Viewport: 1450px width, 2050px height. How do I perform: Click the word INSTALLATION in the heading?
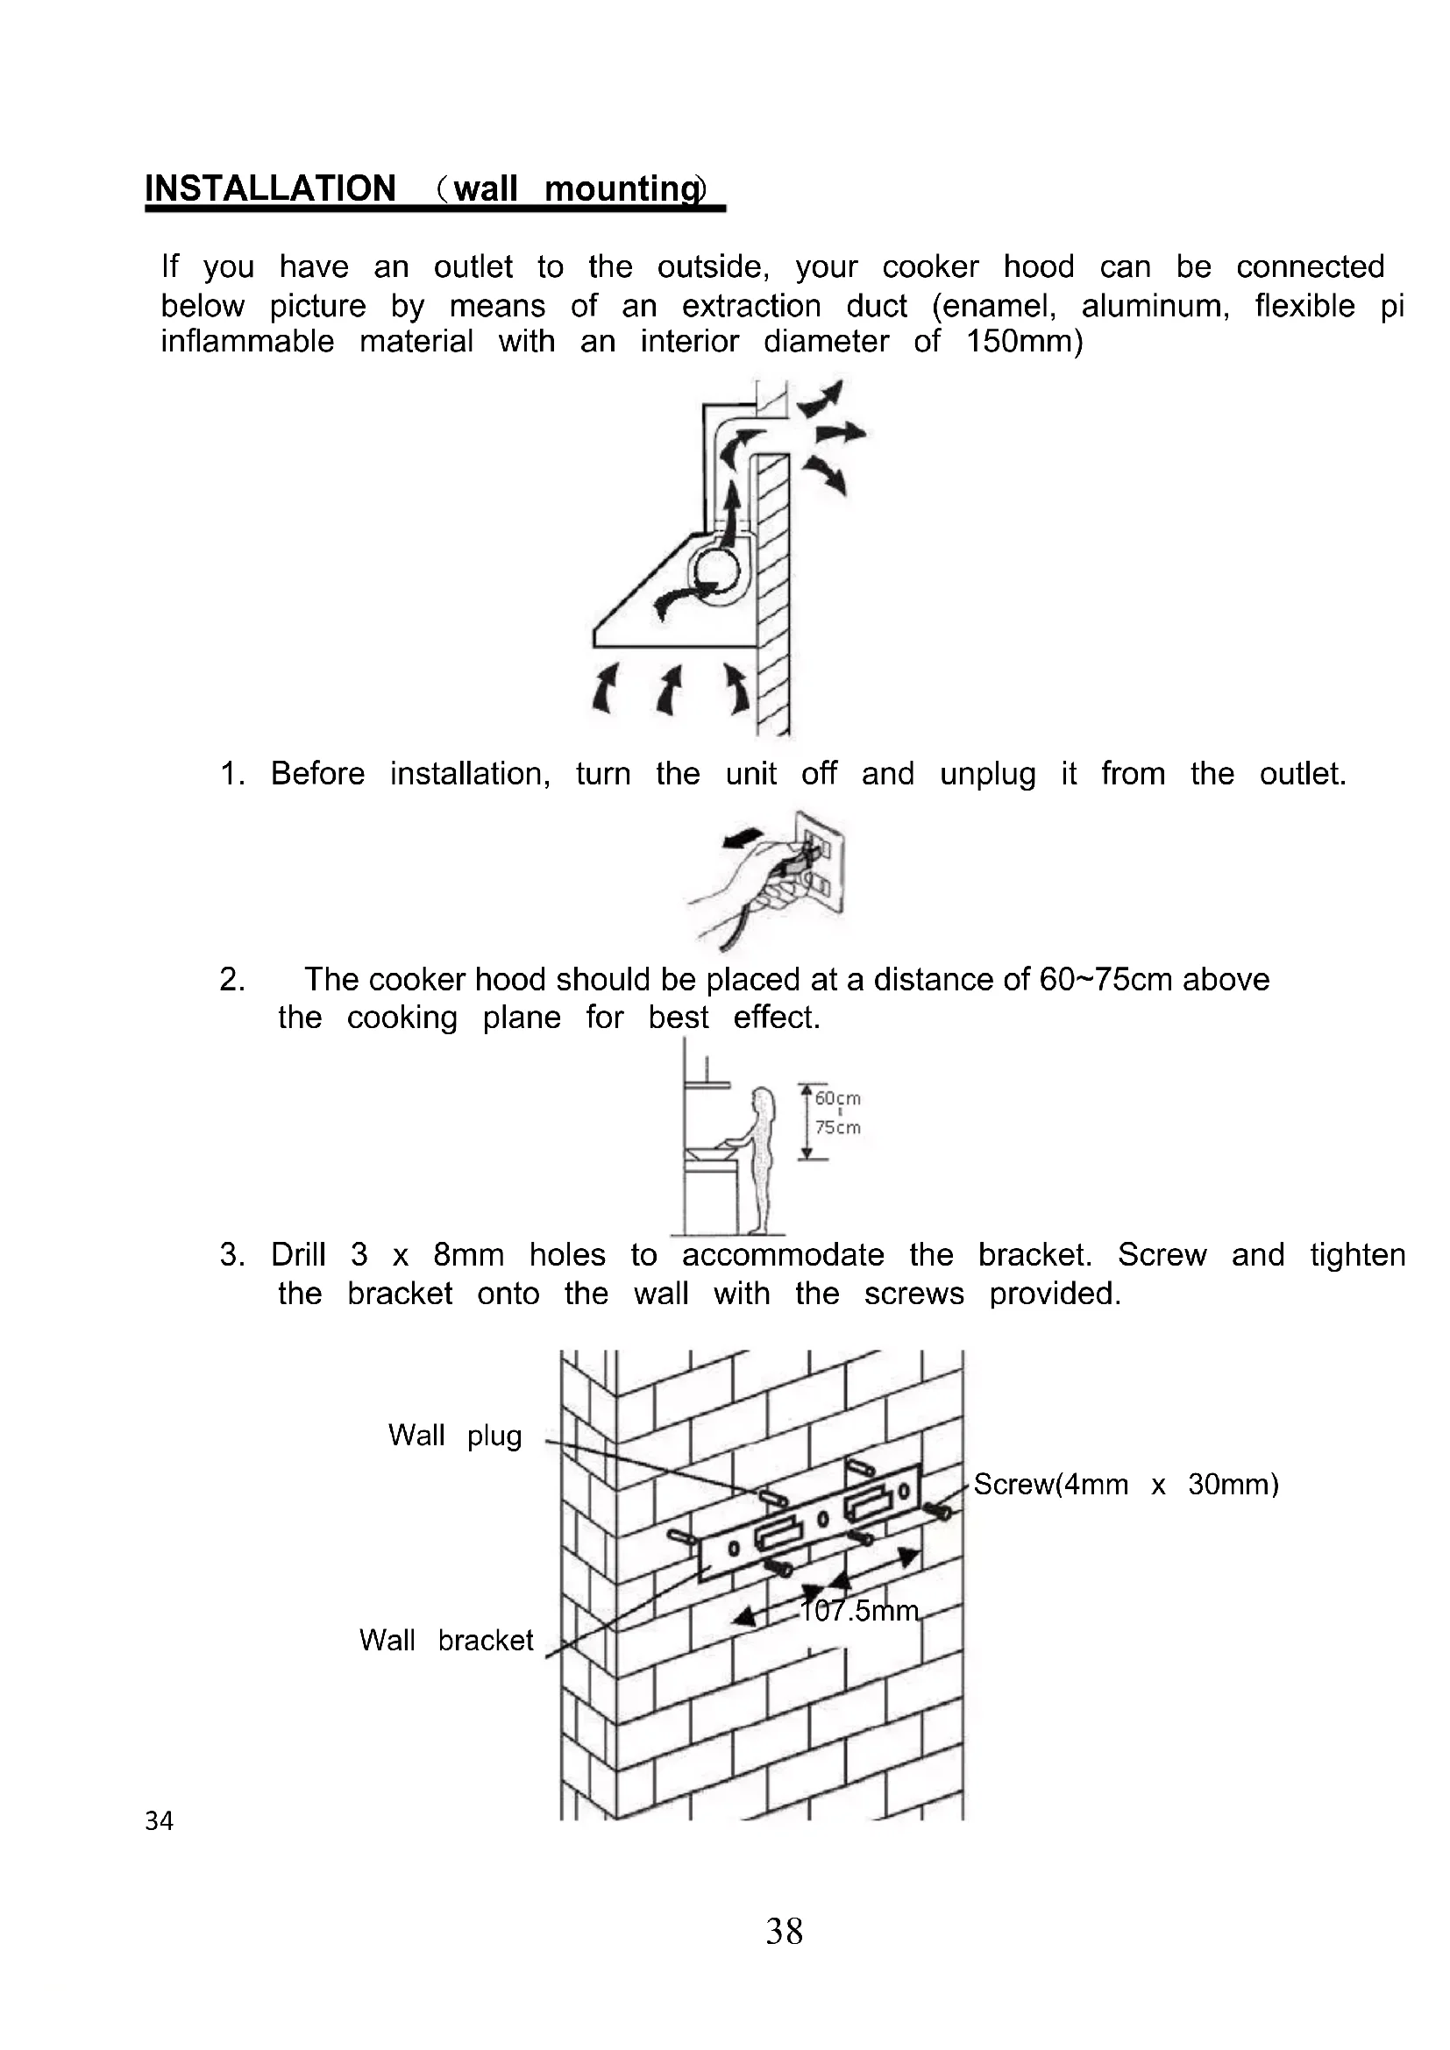270,188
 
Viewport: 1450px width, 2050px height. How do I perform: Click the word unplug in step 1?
987,774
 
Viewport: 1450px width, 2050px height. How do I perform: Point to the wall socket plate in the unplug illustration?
820,862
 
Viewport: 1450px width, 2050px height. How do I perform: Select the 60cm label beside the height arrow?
837,1098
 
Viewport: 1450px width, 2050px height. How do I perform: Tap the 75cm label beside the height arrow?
837,1129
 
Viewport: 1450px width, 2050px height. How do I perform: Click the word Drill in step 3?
298,1254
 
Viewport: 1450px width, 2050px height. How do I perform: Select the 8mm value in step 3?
468,1254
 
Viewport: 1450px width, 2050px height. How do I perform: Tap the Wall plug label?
454,1436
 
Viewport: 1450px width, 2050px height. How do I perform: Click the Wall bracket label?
445,1640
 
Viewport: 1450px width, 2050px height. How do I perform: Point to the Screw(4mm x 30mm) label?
1126,1484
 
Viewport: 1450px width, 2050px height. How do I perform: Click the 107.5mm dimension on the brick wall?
859,1611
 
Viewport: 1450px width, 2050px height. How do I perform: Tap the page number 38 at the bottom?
784,1932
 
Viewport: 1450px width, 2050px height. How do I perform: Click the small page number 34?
159,1820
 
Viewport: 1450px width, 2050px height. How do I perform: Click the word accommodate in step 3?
783,1254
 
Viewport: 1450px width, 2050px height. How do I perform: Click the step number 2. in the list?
232,980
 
